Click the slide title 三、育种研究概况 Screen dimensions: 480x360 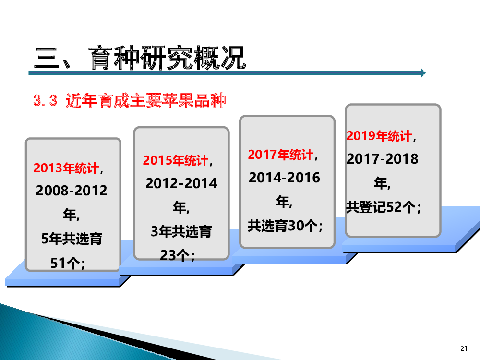140,57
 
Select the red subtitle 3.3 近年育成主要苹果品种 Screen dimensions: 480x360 130,100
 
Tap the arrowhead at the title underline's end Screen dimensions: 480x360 423,73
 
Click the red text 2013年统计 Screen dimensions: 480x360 66,168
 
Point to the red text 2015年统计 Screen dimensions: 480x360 176,160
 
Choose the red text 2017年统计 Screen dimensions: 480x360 281,155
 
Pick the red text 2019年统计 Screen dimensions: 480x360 379,136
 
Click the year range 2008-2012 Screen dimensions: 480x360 72,191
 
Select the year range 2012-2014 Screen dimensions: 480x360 181,183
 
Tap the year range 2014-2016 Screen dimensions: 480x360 284,178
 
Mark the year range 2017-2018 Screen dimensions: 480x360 383,159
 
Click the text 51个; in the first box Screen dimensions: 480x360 68,263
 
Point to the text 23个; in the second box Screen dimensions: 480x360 177,255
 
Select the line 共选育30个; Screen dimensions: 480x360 285,226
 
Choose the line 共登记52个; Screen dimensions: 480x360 383,207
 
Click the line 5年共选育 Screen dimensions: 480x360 72,239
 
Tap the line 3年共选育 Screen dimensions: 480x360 181,231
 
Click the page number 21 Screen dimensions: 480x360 464,348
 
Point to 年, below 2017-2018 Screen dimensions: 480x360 382,183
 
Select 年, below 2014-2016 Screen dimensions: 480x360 284,202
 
